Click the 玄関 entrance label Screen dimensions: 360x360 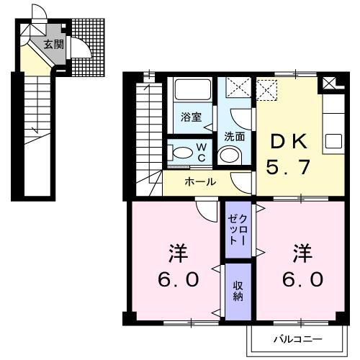[x=53, y=45]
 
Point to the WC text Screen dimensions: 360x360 [x=202, y=152]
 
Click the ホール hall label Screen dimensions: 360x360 [x=200, y=181]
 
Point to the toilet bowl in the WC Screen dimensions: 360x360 [x=181, y=153]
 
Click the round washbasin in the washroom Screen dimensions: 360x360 [x=230, y=155]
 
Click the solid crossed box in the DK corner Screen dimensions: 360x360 [x=330, y=84]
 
